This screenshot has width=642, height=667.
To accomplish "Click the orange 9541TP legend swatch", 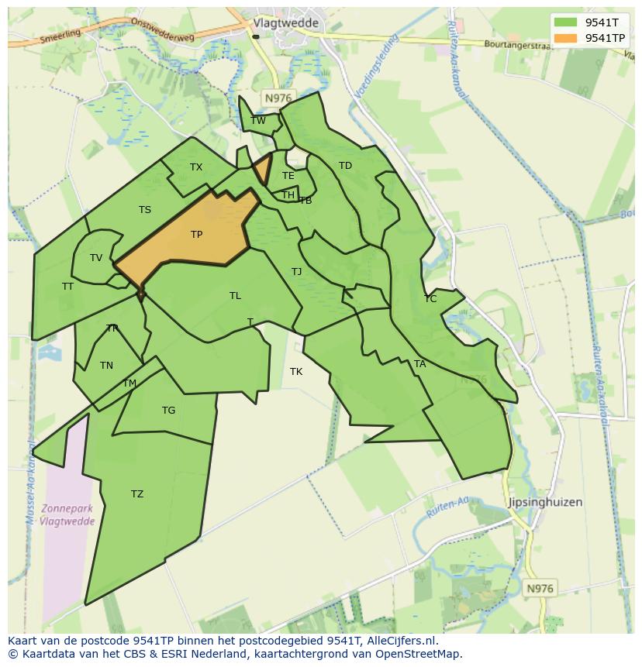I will point(566,38).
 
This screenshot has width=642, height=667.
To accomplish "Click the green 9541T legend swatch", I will point(566,22).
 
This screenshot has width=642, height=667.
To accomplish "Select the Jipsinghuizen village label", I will point(545,502).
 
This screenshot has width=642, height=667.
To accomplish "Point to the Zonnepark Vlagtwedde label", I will point(68,514).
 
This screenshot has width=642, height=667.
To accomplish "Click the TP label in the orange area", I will point(196,234).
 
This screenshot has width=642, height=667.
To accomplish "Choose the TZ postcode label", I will point(137,493).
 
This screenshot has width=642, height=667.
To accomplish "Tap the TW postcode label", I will point(258,120).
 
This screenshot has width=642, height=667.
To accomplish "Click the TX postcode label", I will point(196,167).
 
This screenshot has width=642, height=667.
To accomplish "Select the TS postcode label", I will point(145,210).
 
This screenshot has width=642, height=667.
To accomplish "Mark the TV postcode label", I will point(96,258).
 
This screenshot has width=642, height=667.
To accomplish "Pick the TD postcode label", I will point(345,166).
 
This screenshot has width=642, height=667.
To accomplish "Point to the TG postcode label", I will point(168,411).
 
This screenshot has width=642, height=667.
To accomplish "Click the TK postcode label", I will point(296,372).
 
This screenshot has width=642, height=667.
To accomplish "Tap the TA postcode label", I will point(419,363).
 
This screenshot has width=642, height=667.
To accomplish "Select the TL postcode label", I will point(235,295).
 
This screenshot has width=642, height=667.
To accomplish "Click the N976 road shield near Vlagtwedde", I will point(278,98).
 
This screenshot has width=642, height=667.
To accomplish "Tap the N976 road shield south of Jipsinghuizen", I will point(540,589).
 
